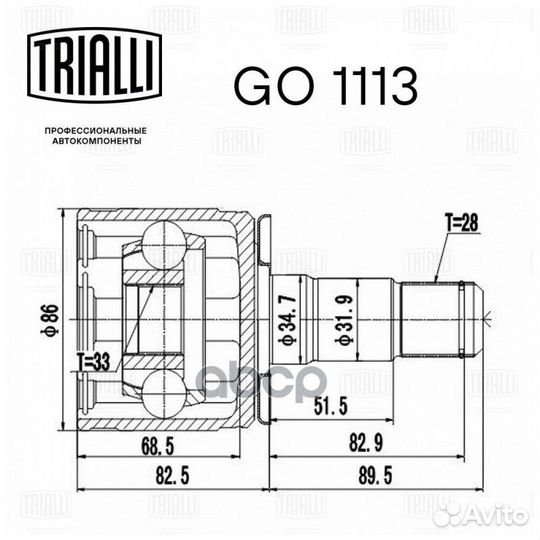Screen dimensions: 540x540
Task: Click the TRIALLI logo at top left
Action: pyautogui.click(x=95, y=65)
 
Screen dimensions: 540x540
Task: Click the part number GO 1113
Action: pyautogui.click(x=326, y=86)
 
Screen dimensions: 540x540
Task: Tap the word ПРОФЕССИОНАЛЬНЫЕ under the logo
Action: pyautogui.click(x=96, y=131)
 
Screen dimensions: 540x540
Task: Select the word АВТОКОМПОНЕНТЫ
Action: pyautogui.click(x=96, y=141)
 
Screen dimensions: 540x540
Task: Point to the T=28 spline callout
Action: pyautogui.click(x=461, y=222)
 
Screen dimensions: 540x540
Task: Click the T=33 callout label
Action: pyautogui.click(x=93, y=362)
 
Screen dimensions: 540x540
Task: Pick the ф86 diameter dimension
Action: pyautogui.click(x=53, y=319)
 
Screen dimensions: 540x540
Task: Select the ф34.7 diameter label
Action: pyautogui.click(x=287, y=320)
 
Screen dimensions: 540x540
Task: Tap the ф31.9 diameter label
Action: pyautogui.click(x=344, y=320)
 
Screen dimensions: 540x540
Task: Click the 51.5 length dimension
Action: pyautogui.click(x=331, y=406)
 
